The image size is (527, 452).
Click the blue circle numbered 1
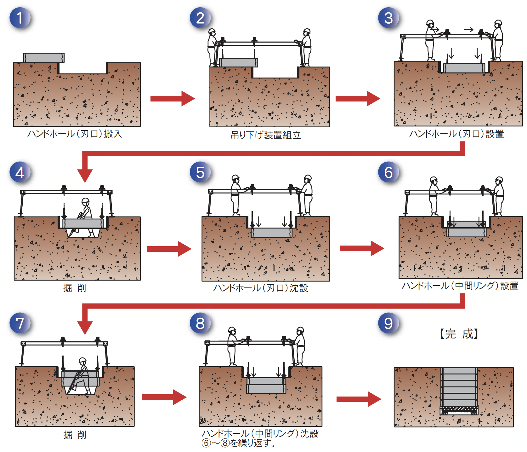click(x=20, y=18)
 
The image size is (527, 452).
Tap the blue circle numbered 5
click(x=200, y=172)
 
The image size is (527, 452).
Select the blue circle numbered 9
click(x=388, y=323)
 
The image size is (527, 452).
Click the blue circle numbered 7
click(x=20, y=323)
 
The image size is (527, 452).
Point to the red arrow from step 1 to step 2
click(x=172, y=99)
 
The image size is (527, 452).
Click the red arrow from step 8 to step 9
click(x=359, y=399)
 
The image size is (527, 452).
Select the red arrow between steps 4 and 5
click(x=169, y=249)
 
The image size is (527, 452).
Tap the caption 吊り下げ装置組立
click(x=266, y=135)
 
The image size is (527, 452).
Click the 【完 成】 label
click(x=459, y=334)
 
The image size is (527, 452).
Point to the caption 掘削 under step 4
click(x=75, y=288)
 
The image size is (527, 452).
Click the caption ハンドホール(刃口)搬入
click(x=75, y=134)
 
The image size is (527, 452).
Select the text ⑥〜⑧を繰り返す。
click(x=239, y=443)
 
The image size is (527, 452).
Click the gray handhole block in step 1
click(x=44, y=58)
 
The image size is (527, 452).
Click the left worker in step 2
click(x=212, y=47)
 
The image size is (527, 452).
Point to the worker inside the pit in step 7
click(x=80, y=377)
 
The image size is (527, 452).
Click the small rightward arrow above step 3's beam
click(x=468, y=30)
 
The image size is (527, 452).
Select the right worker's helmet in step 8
click(x=300, y=330)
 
